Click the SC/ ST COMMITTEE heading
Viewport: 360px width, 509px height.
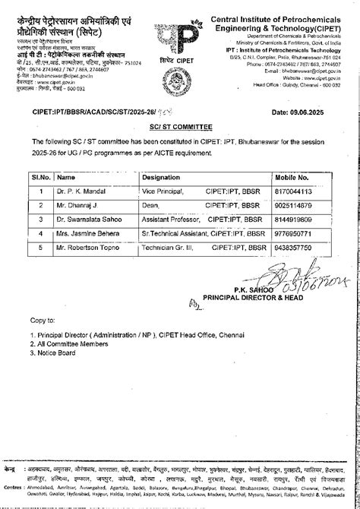180,129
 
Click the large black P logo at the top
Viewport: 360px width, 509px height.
180,33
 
